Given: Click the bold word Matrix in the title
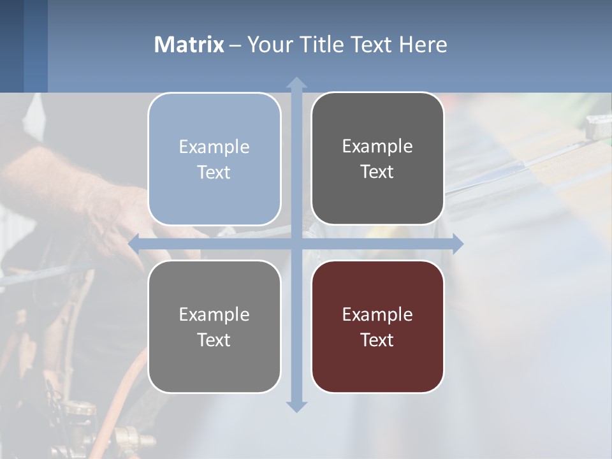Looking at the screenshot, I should tap(189, 45).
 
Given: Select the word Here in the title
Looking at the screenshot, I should tap(423, 45).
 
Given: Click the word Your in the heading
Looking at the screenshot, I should tap(268, 45).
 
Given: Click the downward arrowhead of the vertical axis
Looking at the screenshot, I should tap(296, 406).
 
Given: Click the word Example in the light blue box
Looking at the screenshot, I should tap(214, 147).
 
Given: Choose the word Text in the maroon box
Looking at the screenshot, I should tap(377, 340).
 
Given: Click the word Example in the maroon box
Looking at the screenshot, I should tap(377, 314).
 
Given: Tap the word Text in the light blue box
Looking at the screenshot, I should tap(214, 172).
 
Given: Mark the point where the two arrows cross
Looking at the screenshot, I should tap(296, 244).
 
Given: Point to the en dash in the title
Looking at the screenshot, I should tap(235, 45).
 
